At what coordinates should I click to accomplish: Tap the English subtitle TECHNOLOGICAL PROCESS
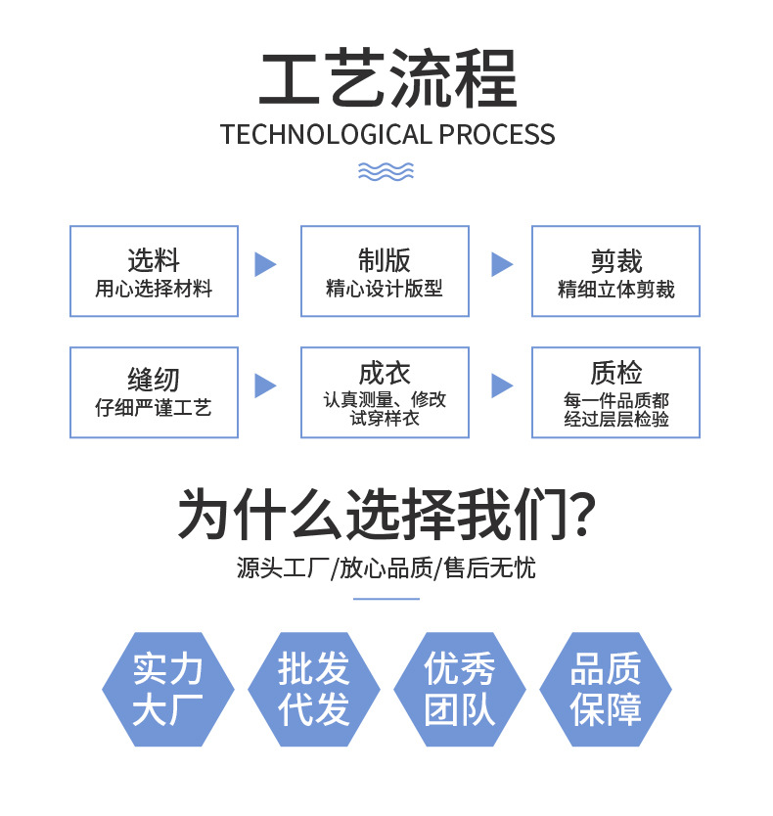coord(386,134)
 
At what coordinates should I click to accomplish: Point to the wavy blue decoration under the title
coord(386,171)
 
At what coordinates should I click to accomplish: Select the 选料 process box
coord(154,271)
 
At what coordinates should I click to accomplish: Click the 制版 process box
coord(385,271)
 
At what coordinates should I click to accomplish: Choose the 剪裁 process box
coord(615,271)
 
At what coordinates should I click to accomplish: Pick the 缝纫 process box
coord(154,392)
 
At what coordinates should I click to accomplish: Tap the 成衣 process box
coord(385,392)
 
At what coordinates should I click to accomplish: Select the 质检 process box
coord(615,392)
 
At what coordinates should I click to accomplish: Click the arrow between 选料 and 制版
coord(265,264)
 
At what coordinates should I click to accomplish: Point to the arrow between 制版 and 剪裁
coord(501,264)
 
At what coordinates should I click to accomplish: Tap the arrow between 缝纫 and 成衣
coord(265,385)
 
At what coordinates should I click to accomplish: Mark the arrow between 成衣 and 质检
coord(501,385)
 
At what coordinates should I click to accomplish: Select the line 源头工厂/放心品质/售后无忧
coord(386,567)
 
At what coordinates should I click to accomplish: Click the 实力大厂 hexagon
coord(168,690)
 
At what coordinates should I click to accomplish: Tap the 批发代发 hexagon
coord(314,690)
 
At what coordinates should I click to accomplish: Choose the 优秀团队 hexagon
coord(460,690)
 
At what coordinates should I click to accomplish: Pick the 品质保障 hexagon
coord(606,690)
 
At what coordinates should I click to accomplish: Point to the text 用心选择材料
coord(154,290)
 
